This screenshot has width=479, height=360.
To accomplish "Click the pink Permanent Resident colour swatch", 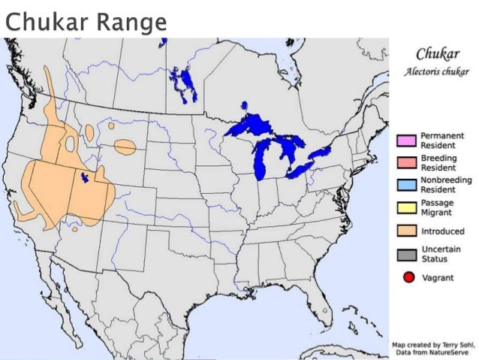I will pos(407,139).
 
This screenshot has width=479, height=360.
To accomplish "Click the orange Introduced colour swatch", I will pos(407,231).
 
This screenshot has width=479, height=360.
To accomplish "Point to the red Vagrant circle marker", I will pos(409,278).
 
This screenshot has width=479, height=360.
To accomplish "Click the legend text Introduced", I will pos(442,231).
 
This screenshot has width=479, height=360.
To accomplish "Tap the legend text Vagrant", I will pos(438,278).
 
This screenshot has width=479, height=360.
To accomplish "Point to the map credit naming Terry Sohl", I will pos(435,345).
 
